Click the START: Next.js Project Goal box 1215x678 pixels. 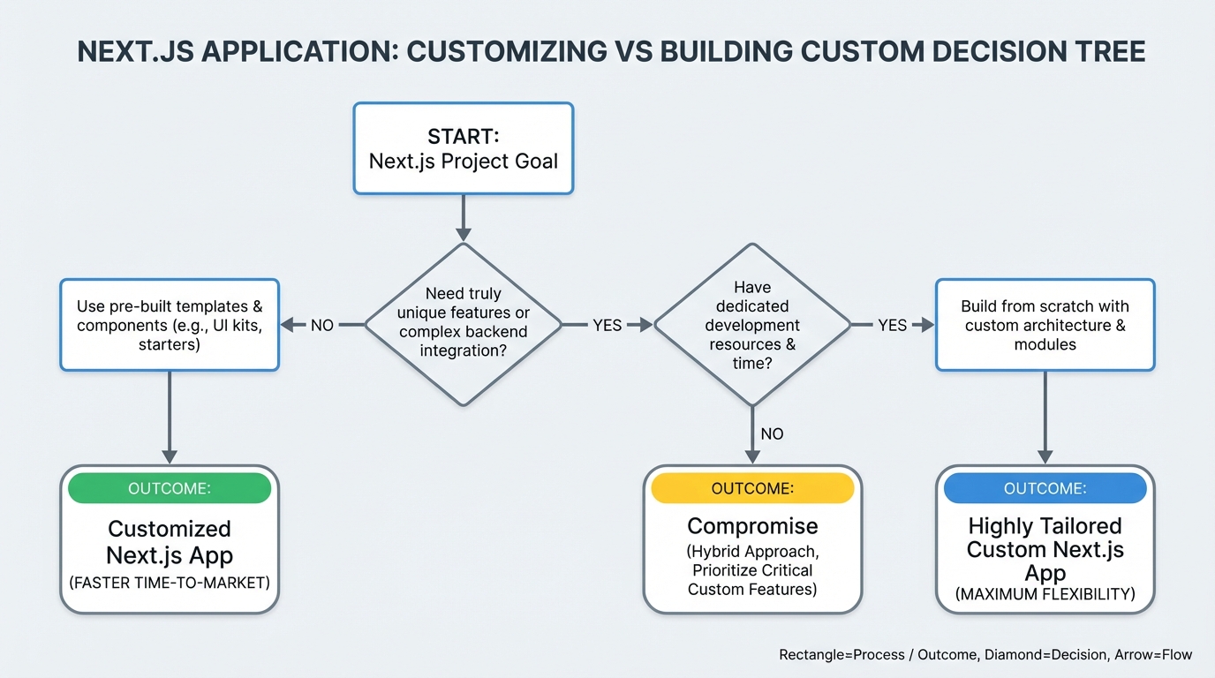463,148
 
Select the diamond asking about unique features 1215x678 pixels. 463,325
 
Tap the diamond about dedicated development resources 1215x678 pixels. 751,325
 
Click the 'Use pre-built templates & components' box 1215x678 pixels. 170,325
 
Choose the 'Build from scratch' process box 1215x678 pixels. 1045,325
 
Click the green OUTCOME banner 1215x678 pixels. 170,488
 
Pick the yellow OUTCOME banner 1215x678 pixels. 751,488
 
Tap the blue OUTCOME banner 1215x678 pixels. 1045,488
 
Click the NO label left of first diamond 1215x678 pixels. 322,326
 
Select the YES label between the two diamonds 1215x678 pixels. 607,326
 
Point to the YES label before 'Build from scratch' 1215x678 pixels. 892,326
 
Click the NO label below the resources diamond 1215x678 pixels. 772,434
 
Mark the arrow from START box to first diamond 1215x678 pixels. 463,217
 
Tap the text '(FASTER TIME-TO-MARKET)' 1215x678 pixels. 170,584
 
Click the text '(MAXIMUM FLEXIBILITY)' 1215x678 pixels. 1045,594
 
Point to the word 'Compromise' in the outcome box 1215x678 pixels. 752,526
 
